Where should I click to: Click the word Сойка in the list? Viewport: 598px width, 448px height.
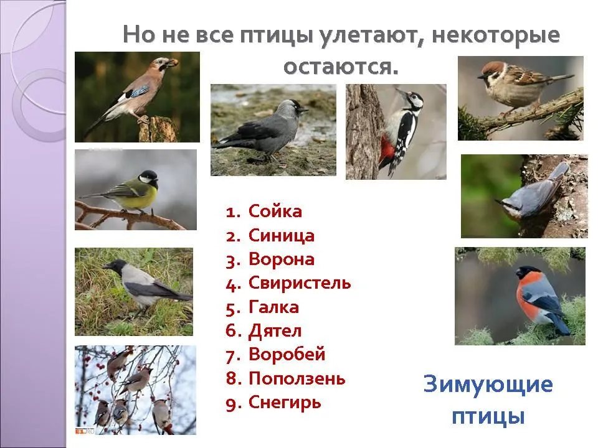(275, 211)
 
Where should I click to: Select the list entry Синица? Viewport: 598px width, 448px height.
(282, 235)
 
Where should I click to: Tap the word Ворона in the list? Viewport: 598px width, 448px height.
(282, 259)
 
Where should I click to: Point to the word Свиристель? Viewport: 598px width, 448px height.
(300, 284)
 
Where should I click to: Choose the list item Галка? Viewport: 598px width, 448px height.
(273, 307)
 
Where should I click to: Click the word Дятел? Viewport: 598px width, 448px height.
(275, 331)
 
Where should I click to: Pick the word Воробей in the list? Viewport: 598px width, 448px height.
(287, 354)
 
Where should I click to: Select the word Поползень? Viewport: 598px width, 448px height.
(297, 379)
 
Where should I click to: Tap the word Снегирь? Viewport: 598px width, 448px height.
(285, 403)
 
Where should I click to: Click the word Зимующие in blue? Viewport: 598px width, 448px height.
(488, 384)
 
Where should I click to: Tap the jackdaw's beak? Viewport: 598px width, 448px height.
(303, 111)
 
